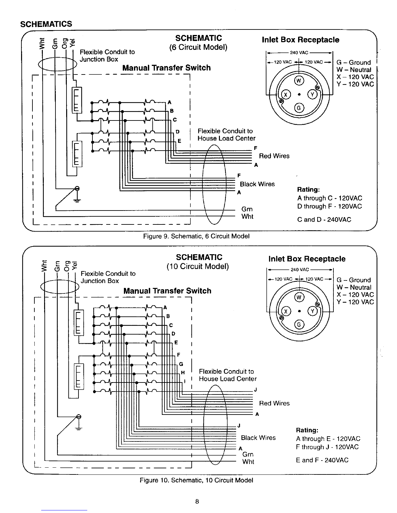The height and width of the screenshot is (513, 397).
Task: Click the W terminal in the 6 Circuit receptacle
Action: tap(299, 81)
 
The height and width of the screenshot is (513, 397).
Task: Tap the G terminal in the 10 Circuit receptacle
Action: tap(299, 325)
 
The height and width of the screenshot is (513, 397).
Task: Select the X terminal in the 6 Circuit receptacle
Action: tap(285, 95)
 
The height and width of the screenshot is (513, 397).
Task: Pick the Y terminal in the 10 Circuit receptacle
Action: tap(313, 311)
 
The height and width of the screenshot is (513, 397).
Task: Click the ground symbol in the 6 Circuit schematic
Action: tap(77, 194)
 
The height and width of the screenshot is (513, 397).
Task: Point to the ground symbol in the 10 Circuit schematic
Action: tap(78, 422)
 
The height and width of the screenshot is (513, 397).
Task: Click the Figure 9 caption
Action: tap(196, 236)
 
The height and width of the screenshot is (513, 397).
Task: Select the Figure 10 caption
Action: tap(196, 480)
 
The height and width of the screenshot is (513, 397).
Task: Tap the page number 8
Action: tap(197, 502)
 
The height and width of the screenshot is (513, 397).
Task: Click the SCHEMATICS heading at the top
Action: tap(46, 24)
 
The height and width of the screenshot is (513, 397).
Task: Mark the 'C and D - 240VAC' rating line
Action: tap(324, 220)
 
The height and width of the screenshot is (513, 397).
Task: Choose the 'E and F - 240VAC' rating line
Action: tap(322, 460)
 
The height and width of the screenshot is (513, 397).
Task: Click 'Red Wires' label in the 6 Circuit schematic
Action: tap(274, 156)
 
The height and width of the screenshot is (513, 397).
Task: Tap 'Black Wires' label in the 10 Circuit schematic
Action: tap(258, 438)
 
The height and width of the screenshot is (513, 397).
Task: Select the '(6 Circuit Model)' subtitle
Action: tap(198, 47)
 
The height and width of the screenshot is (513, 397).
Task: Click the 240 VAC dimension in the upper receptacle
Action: tap(299, 52)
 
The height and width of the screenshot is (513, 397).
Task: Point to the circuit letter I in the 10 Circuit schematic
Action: tap(185, 381)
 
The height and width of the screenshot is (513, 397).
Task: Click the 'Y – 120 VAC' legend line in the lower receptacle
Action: tap(355, 302)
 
